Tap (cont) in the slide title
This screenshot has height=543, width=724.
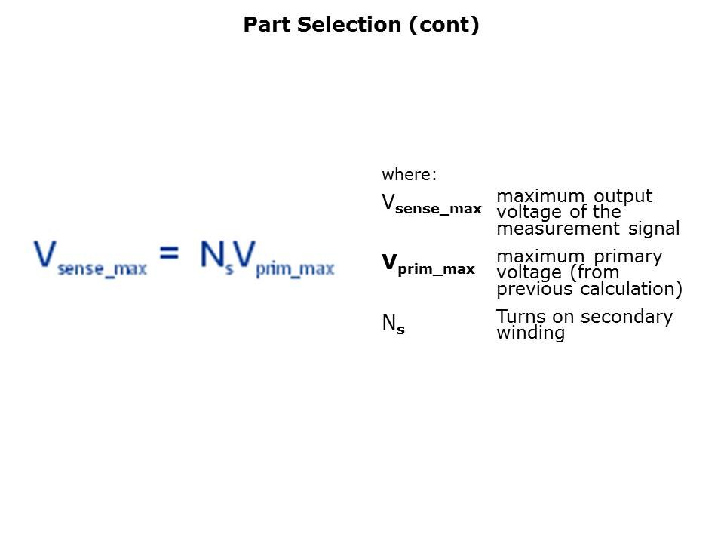click(x=444, y=25)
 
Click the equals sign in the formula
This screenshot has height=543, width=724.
click(x=170, y=254)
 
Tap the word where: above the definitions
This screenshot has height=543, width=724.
click(x=409, y=175)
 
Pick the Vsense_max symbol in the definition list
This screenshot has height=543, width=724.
click(x=431, y=204)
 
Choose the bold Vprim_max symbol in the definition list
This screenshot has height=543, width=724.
click(x=428, y=265)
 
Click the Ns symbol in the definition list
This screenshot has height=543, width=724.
click(x=393, y=324)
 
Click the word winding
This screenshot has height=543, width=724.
click(x=530, y=333)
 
